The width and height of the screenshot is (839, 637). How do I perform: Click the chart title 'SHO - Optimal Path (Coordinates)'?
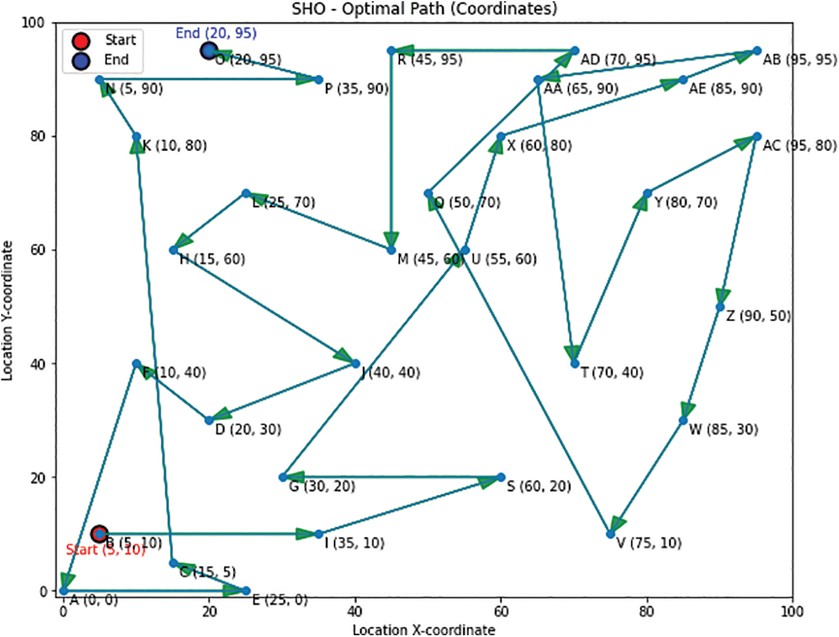424,9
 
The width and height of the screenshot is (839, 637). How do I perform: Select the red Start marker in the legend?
81,41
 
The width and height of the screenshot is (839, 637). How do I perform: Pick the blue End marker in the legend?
81,60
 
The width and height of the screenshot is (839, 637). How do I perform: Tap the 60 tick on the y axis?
38,250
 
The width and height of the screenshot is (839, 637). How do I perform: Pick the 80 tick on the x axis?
647,611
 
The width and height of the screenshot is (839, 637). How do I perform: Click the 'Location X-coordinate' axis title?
423,630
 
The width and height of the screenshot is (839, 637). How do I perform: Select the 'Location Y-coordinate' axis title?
8,310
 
